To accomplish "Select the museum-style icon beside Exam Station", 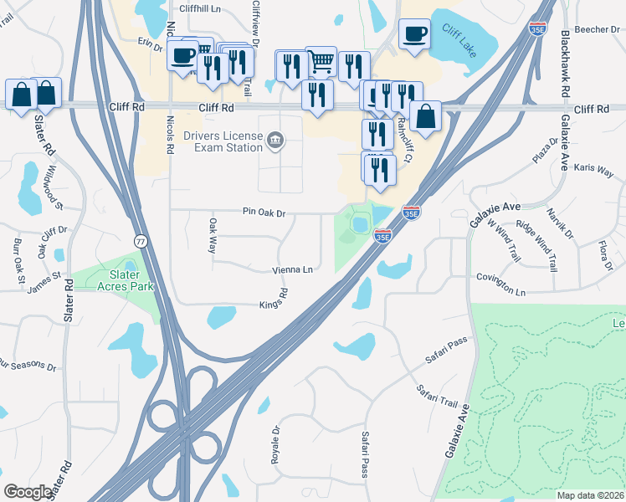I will coord(275,141).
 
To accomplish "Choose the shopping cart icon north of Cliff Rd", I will coord(321,60).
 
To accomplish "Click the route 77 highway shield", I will coord(141,239).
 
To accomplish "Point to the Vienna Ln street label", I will coord(292,270).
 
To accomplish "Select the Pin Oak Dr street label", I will coord(264,213).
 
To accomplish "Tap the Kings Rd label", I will coord(274,299).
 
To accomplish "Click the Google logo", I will coord(28,491).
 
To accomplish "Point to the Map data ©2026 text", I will coord(590,494).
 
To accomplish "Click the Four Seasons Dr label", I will coord(27,366).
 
